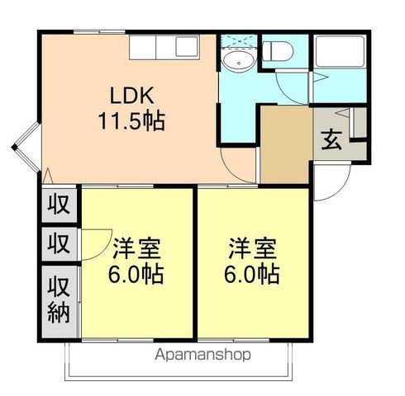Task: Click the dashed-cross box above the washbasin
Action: click(x=238, y=42)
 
